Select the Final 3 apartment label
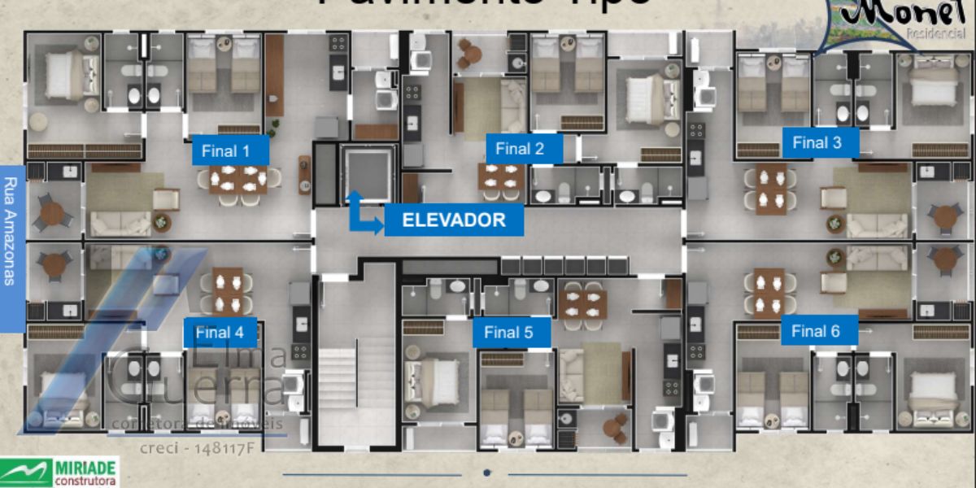(x=817, y=143)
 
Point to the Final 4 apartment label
(x=219, y=333)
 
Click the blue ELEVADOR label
(x=453, y=220)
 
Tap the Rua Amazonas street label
(x=11, y=231)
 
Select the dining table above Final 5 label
(x=582, y=303)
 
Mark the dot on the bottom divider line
(x=486, y=473)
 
